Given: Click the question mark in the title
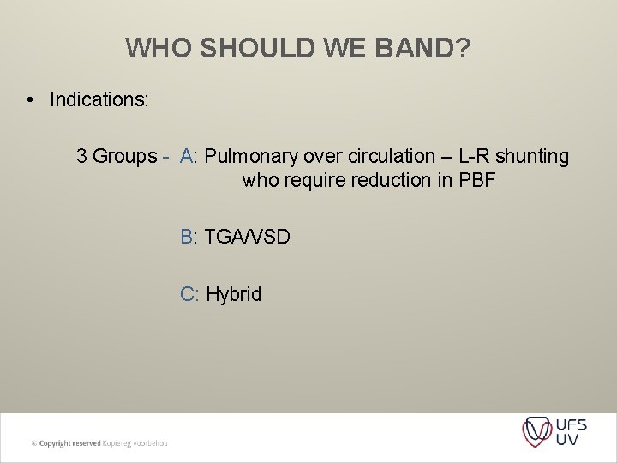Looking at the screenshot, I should tap(464, 48).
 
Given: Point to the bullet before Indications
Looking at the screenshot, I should tap(30, 100).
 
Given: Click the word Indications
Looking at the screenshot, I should tap(99, 100).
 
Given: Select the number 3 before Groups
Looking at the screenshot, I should tap(81, 156).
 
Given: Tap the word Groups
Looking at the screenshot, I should tap(124, 156).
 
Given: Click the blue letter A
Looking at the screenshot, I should tap(187, 156).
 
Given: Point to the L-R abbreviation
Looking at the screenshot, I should tap(476, 156).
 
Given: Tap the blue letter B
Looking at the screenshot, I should tap(187, 236).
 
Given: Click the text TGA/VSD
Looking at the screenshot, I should tap(248, 236).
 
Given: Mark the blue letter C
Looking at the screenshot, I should tap(188, 294).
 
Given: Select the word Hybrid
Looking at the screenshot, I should tap(234, 294).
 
